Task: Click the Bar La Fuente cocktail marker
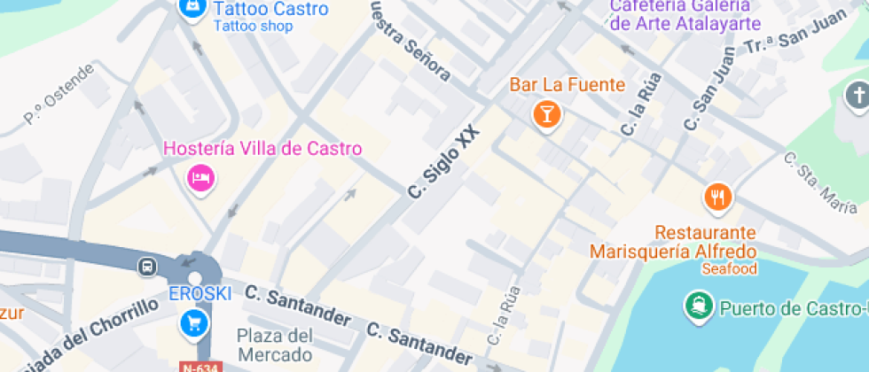(x=546, y=113)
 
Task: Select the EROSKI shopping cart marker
(x=192, y=323)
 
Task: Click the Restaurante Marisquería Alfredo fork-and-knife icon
(x=717, y=197)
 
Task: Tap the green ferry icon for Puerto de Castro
(x=698, y=307)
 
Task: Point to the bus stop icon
(x=146, y=266)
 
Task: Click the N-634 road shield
(x=200, y=366)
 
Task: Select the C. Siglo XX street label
(x=443, y=160)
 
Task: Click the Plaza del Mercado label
(x=275, y=345)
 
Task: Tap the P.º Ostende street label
(x=59, y=93)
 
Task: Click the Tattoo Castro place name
(x=270, y=9)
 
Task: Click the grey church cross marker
(x=857, y=95)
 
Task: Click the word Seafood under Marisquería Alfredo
(x=728, y=268)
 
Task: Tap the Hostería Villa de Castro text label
(x=262, y=148)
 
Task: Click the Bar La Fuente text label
(x=567, y=85)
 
